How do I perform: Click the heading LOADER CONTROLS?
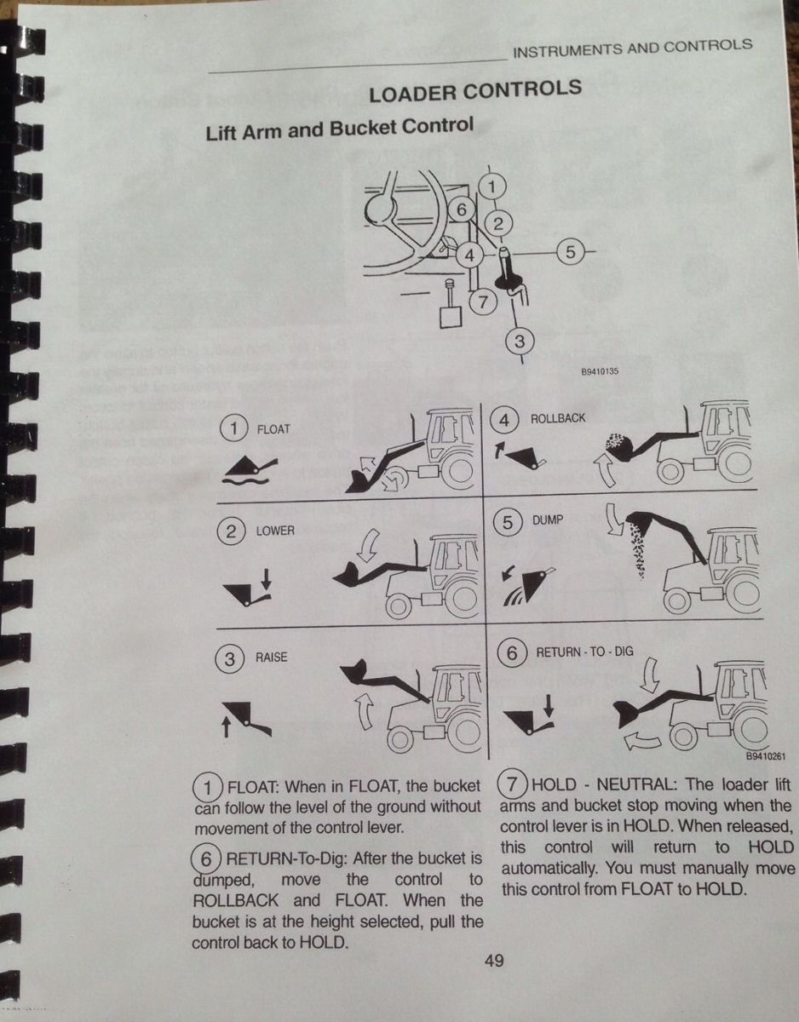tap(475, 92)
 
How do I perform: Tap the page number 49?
tap(494, 962)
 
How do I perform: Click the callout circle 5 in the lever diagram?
tap(570, 252)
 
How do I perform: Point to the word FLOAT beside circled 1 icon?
tap(273, 429)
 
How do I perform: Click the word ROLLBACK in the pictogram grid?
tap(558, 419)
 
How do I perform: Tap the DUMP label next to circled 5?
tap(548, 520)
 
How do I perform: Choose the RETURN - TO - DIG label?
tap(584, 652)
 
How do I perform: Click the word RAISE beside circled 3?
tap(272, 657)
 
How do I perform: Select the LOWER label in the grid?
tap(275, 531)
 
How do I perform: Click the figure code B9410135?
tap(600, 372)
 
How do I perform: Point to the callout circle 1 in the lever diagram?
tap(496, 184)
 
